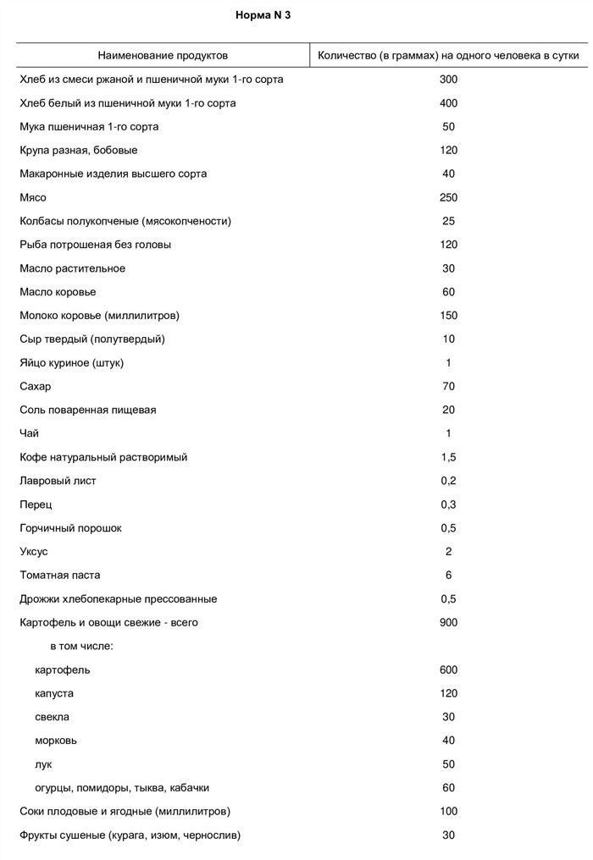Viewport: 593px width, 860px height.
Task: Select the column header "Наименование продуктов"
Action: [163, 55]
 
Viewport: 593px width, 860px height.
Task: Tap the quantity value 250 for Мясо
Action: [448, 197]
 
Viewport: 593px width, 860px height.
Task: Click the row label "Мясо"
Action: [32, 197]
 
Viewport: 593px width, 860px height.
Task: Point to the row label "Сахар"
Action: [35, 386]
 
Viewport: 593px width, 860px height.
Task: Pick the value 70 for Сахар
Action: [448, 386]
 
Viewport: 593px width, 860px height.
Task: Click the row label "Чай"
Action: [29, 433]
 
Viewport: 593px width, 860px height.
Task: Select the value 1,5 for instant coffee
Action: [448, 457]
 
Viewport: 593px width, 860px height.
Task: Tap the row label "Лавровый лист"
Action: [58, 481]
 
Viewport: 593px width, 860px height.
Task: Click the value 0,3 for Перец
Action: [448, 504]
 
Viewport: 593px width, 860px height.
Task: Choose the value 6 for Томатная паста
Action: [448, 576]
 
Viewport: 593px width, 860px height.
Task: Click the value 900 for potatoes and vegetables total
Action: [448, 623]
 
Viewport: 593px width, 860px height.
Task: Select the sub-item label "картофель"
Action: [62, 670]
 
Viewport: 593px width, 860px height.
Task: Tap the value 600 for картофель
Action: [448, 670]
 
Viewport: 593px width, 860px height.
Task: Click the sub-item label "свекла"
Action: [53, 717]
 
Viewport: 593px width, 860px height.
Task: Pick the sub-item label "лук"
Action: [43, 764]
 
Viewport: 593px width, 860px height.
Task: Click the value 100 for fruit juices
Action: [448, 812]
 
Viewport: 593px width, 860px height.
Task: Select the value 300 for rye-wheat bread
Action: [448, 80]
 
